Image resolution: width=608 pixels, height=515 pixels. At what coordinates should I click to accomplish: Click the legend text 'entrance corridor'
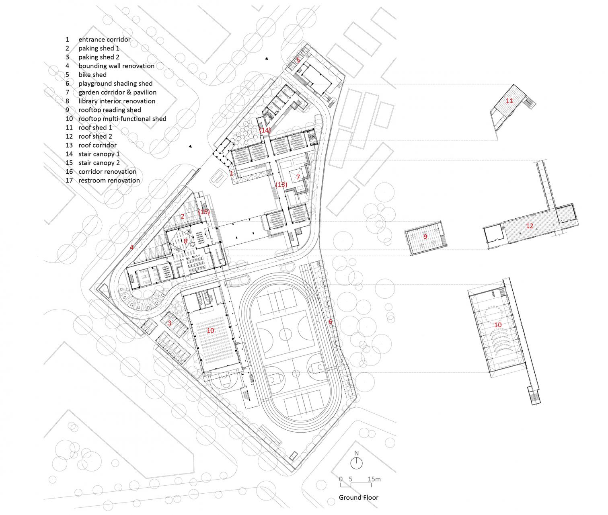(x=105, y=39)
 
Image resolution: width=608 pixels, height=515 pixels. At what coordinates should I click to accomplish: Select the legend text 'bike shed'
(x=92, y=75)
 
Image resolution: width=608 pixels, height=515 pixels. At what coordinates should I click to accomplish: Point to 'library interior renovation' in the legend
(x=117, y=101)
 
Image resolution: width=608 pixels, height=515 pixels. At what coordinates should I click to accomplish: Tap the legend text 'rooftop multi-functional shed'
(x=122, y=119)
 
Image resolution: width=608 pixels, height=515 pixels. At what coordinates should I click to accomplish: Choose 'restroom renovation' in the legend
(x=109, y=180)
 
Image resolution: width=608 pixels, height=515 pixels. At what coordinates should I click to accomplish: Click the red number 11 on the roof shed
(x=509, y=101)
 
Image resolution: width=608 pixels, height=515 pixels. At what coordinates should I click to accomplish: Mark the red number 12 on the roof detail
(x=530, y=226)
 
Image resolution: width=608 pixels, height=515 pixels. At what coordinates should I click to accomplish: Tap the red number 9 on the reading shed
(x=425, y=236)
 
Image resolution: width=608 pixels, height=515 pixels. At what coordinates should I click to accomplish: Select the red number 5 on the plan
(x=298, y=60)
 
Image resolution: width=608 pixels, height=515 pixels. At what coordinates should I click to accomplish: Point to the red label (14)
(x=265, y=130)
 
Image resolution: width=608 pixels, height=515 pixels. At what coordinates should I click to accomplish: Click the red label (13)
(x=281, y=185)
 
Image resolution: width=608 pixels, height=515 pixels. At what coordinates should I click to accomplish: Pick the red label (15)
(x=204, y=211)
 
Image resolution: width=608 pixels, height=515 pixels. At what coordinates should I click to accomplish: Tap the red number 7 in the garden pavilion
(x=298, y=177)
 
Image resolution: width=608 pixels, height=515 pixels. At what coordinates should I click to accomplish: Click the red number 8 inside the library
(x=186, y=241)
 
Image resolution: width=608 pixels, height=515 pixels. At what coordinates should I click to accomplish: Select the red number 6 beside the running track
(x=330, y=322)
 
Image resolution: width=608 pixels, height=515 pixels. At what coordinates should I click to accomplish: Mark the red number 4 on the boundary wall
(x=131, y=247)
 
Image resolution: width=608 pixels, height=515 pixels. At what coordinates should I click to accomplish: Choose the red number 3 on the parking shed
(x=169, y=323)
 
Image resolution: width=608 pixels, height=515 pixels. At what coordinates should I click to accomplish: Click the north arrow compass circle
(x=356, y=464)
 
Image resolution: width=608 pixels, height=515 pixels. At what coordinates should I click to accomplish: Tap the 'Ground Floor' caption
(x=359, y=497)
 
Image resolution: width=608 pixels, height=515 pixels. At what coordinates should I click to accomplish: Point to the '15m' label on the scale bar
(x=374, y=479)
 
